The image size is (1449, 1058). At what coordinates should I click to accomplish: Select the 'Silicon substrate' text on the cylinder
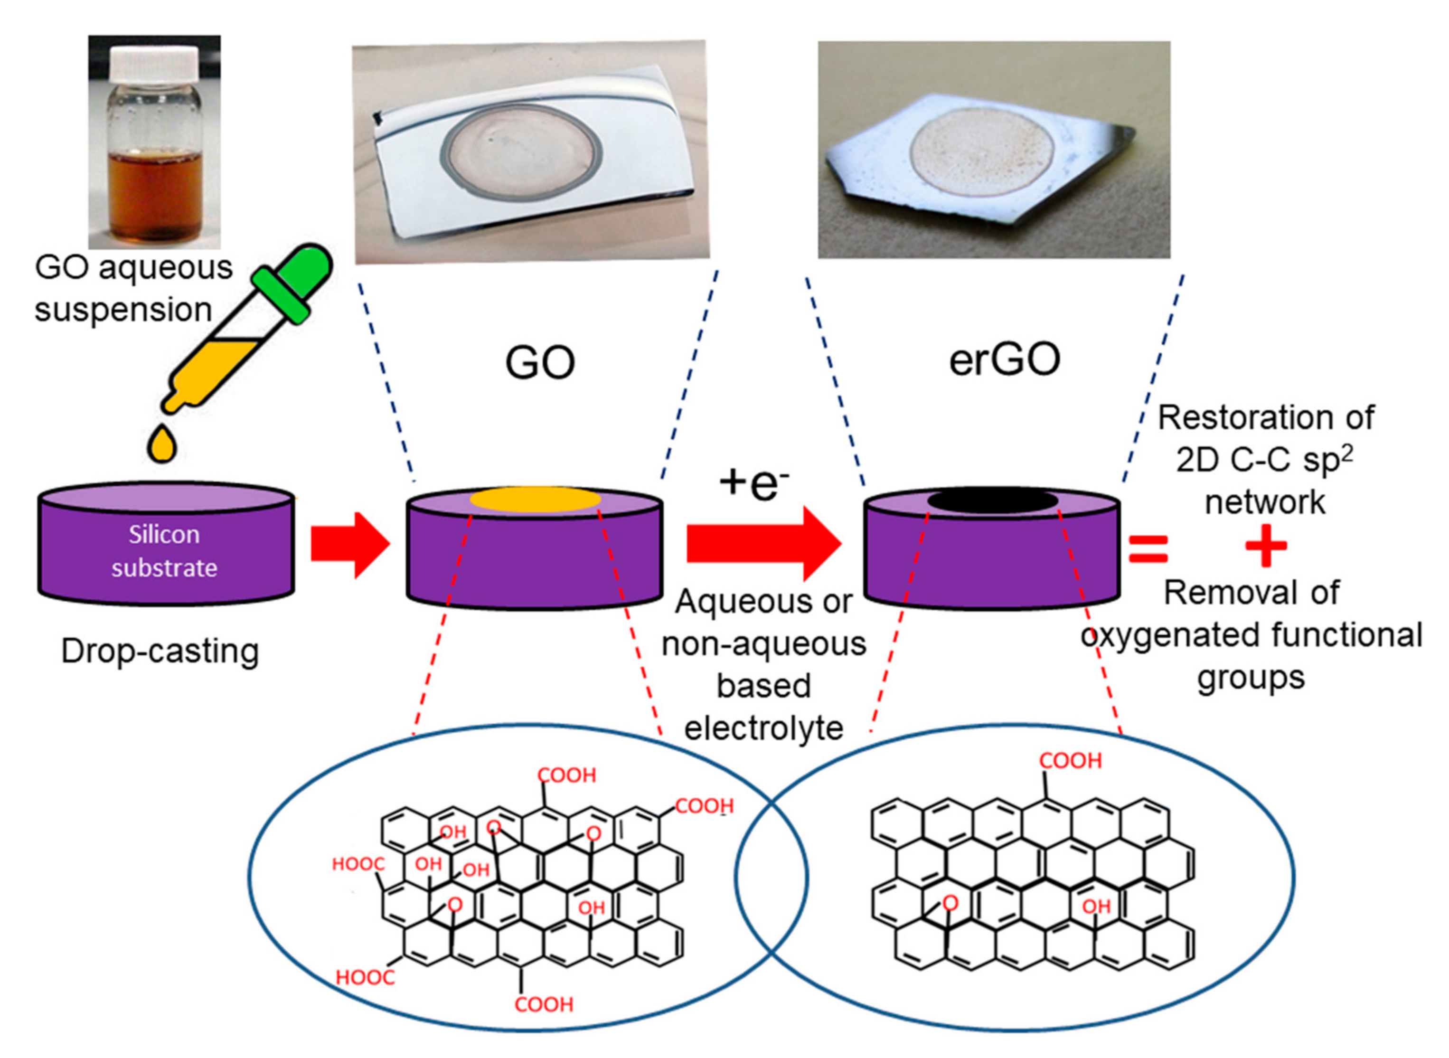pyautogui.click(x=165, y=551)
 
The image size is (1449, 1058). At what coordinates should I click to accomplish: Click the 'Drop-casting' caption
pyautogui.click(x=160, y=652)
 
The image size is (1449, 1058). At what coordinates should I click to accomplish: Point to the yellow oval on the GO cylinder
pyautogui.click(x=535, y=500)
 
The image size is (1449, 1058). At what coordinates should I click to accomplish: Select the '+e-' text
pyautogui.click(x=753, y=483)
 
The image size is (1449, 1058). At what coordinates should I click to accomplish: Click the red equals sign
pyautogui.click(x=1148, y=549)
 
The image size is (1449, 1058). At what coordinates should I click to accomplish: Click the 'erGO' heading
pyautogui.click(x=1004, y=360)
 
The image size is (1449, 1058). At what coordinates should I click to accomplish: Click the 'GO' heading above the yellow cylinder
pyautogui.click(x=540, y=363)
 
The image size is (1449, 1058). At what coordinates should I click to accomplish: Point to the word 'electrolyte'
pyautogui.click(x=763, y=728)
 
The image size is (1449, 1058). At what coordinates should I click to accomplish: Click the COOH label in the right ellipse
pyautogui.click(x=1070, y=761)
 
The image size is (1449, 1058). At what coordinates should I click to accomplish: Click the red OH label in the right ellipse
pyautogui.click(x=1096, y=906)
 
